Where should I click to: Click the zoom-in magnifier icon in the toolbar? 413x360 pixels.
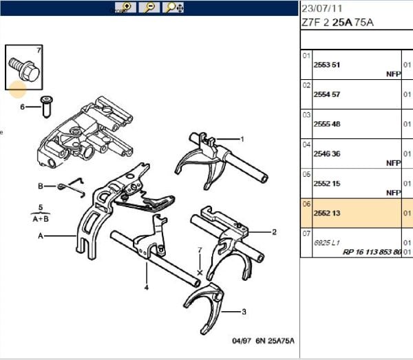tap(127, 8)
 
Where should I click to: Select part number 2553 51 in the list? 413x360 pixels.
tap(327, 65)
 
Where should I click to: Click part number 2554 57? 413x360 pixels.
tap(327, 94)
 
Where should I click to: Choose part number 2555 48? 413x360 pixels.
tap(327, 124)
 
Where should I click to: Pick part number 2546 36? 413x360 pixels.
tap(327, 154)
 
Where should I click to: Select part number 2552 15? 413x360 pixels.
tap(327, 184)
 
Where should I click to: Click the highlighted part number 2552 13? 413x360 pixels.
tap(327, 213)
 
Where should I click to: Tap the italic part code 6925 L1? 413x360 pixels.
tap(326, 243)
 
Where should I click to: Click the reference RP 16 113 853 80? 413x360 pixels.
tap(372, 252)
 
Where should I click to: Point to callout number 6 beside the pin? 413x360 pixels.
tap(22, 107)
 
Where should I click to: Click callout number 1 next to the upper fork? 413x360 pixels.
tap(242, 139)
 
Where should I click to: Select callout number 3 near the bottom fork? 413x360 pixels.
tap(244, 312)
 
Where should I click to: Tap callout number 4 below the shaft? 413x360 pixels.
tap(146, 288)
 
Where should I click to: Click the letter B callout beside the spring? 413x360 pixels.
tap(41, 186)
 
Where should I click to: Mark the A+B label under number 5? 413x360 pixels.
tap(41, 219)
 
